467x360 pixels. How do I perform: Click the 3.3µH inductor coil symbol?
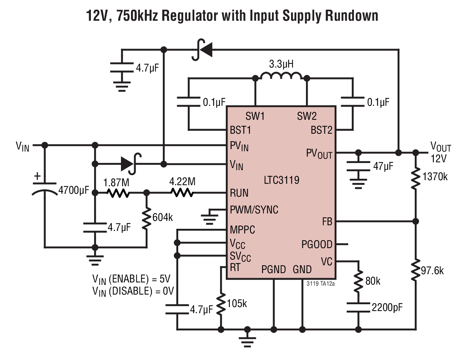pyautogui.click(x=281, y=76)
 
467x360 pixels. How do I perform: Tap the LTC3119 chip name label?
pyautogui.click(x=282, y=180)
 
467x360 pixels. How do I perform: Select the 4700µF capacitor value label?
pyautogui.click(x=74, y=191)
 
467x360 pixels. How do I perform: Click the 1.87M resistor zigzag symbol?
pyautogui.click(x=118, y=193)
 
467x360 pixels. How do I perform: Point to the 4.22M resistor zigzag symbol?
pyautogui.click(x=182, y=193)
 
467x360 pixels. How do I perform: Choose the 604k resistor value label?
pyautogui.click(x=162, y=217)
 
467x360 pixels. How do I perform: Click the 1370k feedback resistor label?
pyautogui.click(x=435, y=177)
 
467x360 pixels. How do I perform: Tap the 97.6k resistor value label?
pyautogui.click(x=432, y=271)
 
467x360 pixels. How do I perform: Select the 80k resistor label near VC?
pyautogui.click(x=373, y=281)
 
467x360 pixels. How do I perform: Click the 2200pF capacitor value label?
pyautogui.click(x=387, y=307)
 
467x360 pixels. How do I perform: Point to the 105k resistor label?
pyautogui.click(x=237, y=304)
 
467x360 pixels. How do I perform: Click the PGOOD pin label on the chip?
pyautogui.click(x=317, y=244)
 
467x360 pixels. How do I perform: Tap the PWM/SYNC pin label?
pyautogui.click(x=254, y=210)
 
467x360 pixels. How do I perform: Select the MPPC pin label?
pyautogui.click(x=242, y=230)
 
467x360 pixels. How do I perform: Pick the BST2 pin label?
pyautogui.click(x=321, y=130)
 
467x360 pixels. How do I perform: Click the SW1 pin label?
pyautogui.click(x=255, y=116)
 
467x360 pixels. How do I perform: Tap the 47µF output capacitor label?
pyautogui.click(x=383, y=166)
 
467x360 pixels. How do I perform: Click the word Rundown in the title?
pyautogui.click(x=352, y=16)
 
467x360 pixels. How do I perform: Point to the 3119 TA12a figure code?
pyautogui.click(x=320, y=284)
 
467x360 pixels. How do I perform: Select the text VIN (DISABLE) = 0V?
pyautogui.click(x=133, y=292)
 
